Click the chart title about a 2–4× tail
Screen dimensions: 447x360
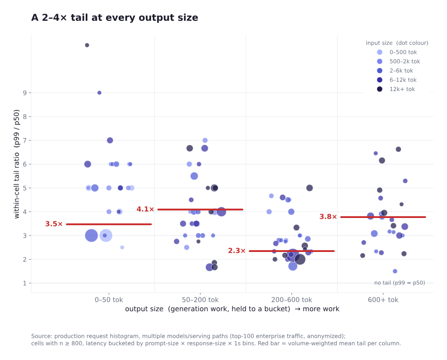pyautogui.click(x=115, y=17)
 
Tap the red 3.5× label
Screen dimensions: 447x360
pyautogui.click(x=54, y=224)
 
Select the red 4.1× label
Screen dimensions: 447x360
pyautogui.click(x=145, y=209)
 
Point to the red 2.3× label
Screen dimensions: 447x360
pyautogui.click(x=237, y=251)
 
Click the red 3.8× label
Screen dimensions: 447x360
pyautogui.click(x=328, y=217)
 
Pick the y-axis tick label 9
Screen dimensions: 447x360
pyautogui.click(x=25, y=92)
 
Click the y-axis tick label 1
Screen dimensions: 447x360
pyautogui.click(x=25, y=283)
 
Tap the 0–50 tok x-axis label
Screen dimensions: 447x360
pyautogui.click(x=109, y=300)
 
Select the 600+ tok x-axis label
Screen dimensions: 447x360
pyautogui.click(x=383, y=300)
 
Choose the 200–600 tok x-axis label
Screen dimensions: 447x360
pyautogui.click(x=291, y=300)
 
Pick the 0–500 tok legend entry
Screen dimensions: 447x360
pyautogui.click(x=397, y=52)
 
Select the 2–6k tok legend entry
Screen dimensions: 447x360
pyautogui.click(x=395, y=71)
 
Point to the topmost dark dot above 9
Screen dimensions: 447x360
pyautogui.click(x=87, y=45)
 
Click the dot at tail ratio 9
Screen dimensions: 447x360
pyautogui.click(x=99, y=92)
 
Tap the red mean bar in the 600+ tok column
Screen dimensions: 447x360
pyautogui.click(x=383, y=217)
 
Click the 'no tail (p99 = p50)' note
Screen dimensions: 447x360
pyautogui.click(x=400, y=283)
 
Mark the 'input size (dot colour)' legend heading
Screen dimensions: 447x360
pyautogui.click(x=397, y=43)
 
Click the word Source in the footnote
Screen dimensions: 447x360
pyautogui.click(x=42, y=336)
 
